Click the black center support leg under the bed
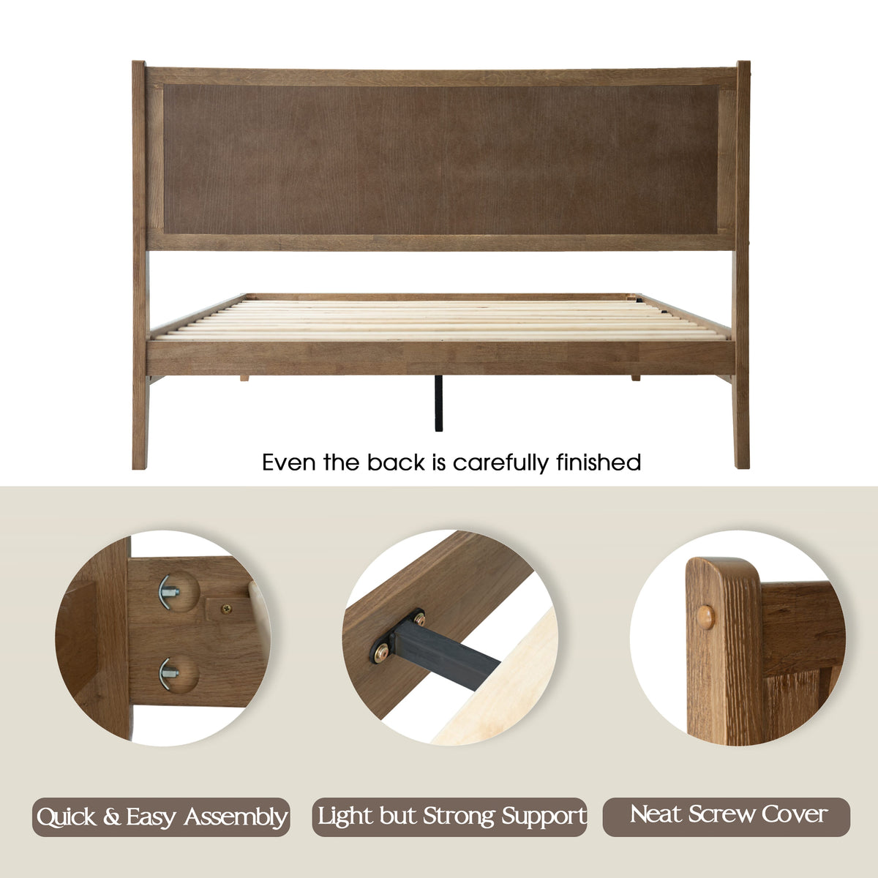point(438,402)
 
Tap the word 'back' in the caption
point(396,462)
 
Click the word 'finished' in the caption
point(599,462)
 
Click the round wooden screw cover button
point(706,618)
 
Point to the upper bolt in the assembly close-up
point(170,592)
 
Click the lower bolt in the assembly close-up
point(169,674)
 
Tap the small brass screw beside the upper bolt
point(226,608)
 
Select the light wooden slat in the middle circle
point(497,683)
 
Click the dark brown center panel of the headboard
point(440,159)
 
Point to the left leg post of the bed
point(140,265)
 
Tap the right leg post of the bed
point(742,265)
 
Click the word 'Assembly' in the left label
point(236,817)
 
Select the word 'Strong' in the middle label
point(459,816)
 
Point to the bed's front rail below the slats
point(440,358)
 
